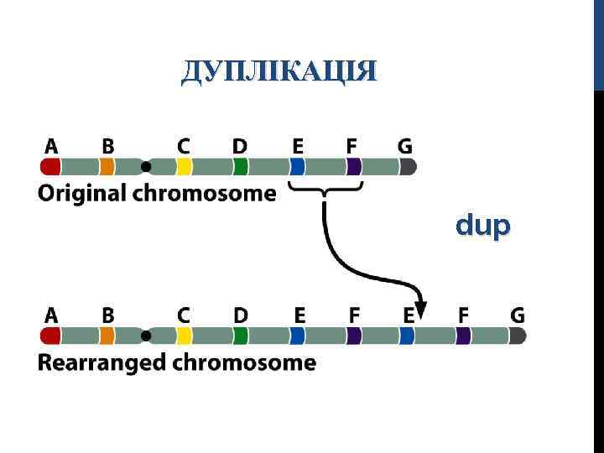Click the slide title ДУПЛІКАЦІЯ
coord(279,72)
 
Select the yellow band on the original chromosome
coord(184,166)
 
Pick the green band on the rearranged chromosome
coord(242,336)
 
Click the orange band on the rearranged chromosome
coord(107,336)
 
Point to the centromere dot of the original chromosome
coord(146,166)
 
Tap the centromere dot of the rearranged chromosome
coord(146,336)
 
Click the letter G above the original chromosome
coord(404,146)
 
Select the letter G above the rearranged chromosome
coord(518,315)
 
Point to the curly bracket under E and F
coord(325,188)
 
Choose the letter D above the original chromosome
coord(240,146)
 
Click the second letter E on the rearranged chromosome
coord(409,315)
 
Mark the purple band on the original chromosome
coord(354,166)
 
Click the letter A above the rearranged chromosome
coord(51,315)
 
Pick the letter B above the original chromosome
coord(107,146)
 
